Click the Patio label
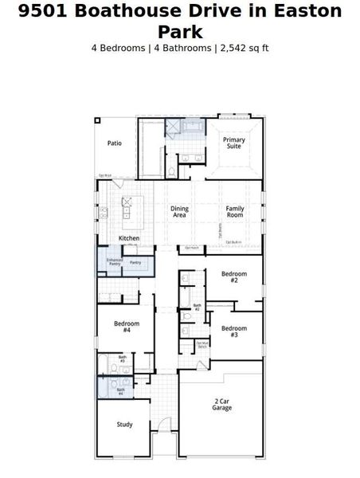coord(115,143)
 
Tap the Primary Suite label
coord(233,143)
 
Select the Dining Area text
coord(179,212)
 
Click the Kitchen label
coord(129,238)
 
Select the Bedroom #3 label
coord(233,331)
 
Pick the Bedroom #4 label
coord(127,327)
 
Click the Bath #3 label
coord(123,358)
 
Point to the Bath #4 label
coord(121,391)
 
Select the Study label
coord(124,425)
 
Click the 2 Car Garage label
coord(221,404)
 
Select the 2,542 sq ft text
coord(244,48)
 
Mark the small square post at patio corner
coord(97,120)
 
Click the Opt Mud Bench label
coord(202,345)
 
